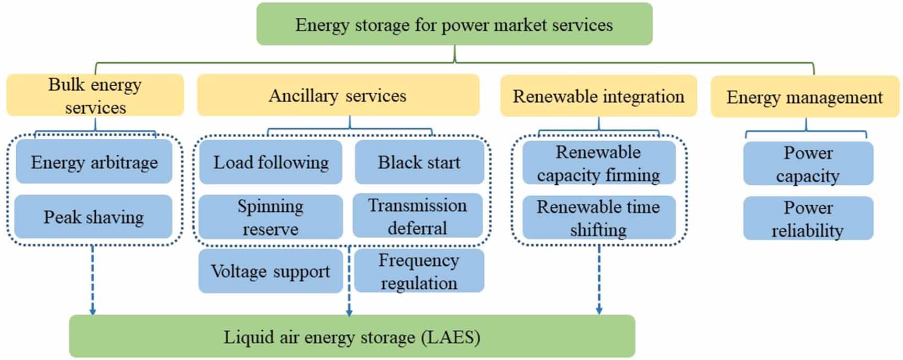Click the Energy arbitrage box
click(x=94, y=162)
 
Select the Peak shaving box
click(x=93, y=217)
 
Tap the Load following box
click(x=271, y=162)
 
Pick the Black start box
click(x=419, y=162)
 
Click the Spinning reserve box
click(x=270, y=217)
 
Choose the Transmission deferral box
click(x=417, y=216)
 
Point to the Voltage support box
click(x=270, y=271)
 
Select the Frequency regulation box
click(x=419, y=271)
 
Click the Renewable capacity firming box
click(x=598, y=163)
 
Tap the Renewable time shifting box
click(x=598, y=218)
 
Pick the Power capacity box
click(x=808, y=164)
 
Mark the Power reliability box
click(x=808, y=219)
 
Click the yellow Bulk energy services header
click(x=95, y=95)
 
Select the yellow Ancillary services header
click(x=338, y=95)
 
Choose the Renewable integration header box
click(x=598, y=96)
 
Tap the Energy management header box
click(x=805, y=97)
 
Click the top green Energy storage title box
click(x=454, y=25)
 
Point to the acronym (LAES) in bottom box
click(x=451, y=336)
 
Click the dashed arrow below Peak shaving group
click(x=93, y=280)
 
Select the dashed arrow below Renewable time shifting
click(x=599, y=280)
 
